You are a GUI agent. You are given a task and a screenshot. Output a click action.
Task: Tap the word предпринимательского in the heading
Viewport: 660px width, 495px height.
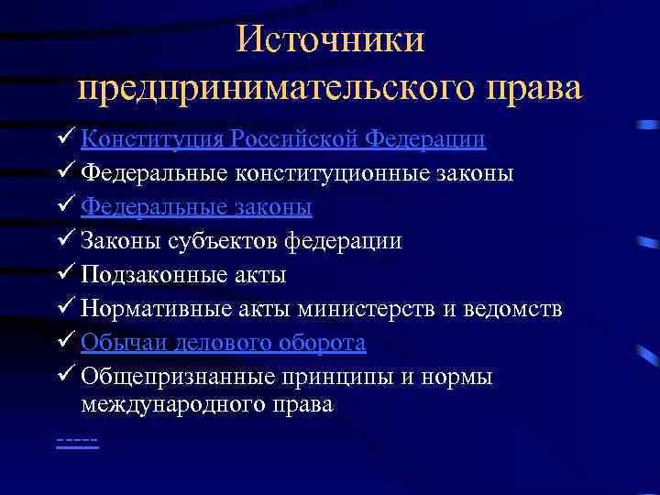[x=275, y=88]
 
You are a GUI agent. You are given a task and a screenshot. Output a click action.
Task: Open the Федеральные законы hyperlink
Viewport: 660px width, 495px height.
[x=196, y=207]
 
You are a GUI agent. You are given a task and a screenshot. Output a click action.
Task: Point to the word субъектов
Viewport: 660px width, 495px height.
[x=223, y=241]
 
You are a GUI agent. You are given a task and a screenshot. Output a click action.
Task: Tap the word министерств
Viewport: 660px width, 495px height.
[x=366, y=309]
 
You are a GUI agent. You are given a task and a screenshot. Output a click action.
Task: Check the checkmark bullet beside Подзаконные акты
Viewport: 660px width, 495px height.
[x=65, y=275]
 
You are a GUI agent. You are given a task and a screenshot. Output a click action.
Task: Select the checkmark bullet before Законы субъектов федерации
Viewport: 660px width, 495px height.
[x=65, y=241]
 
